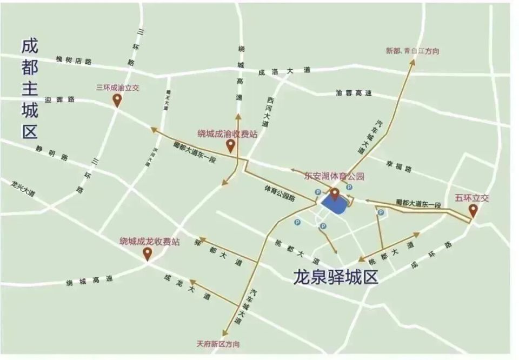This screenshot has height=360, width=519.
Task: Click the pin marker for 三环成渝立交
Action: click(x=117, y=99)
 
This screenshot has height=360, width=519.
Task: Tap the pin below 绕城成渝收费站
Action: click(x=230, y=145)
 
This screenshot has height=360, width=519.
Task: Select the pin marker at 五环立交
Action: click(x=473, y=210)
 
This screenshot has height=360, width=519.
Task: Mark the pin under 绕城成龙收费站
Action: click(x=147, y=253)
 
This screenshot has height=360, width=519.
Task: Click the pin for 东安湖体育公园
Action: click(x=335, y=193)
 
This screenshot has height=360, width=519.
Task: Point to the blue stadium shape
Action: click(x=335, y=205)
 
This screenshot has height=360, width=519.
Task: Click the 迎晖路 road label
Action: click(x=61, y=99)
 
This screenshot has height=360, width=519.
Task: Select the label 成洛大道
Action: click(x=284, y=71)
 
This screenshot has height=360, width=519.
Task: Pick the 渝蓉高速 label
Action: click(x=354, y=93)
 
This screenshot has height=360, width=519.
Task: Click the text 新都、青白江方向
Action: click(x=412, y=51)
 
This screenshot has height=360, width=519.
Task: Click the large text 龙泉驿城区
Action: click(x=335, y=277)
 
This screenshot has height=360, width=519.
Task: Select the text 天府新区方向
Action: click(x=218, y=344)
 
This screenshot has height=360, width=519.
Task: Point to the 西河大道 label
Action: click(x=272, y=111)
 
